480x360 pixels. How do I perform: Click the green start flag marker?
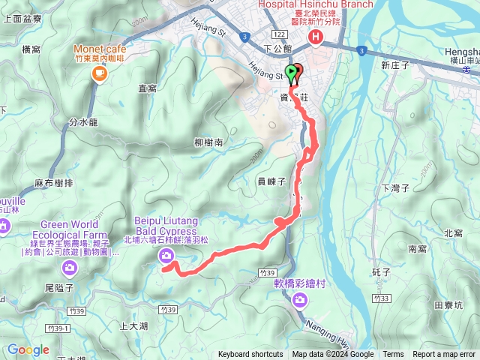[x=292, y=73]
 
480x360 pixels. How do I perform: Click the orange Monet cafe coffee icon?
[x=97, y=73]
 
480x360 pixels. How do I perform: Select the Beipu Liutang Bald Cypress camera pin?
[x=165, y=256]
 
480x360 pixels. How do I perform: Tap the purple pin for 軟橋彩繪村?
[x=300, y=301]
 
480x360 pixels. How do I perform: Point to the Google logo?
[x=28, y=349]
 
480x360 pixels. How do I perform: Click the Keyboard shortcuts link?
[x=250, y=355]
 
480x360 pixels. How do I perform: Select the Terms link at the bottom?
[x=393, y=355]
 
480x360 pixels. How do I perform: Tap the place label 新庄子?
[x=394, y=66]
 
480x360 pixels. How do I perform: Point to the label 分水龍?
[x=83, y=121]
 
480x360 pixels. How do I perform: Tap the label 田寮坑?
[x=448, y=305]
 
